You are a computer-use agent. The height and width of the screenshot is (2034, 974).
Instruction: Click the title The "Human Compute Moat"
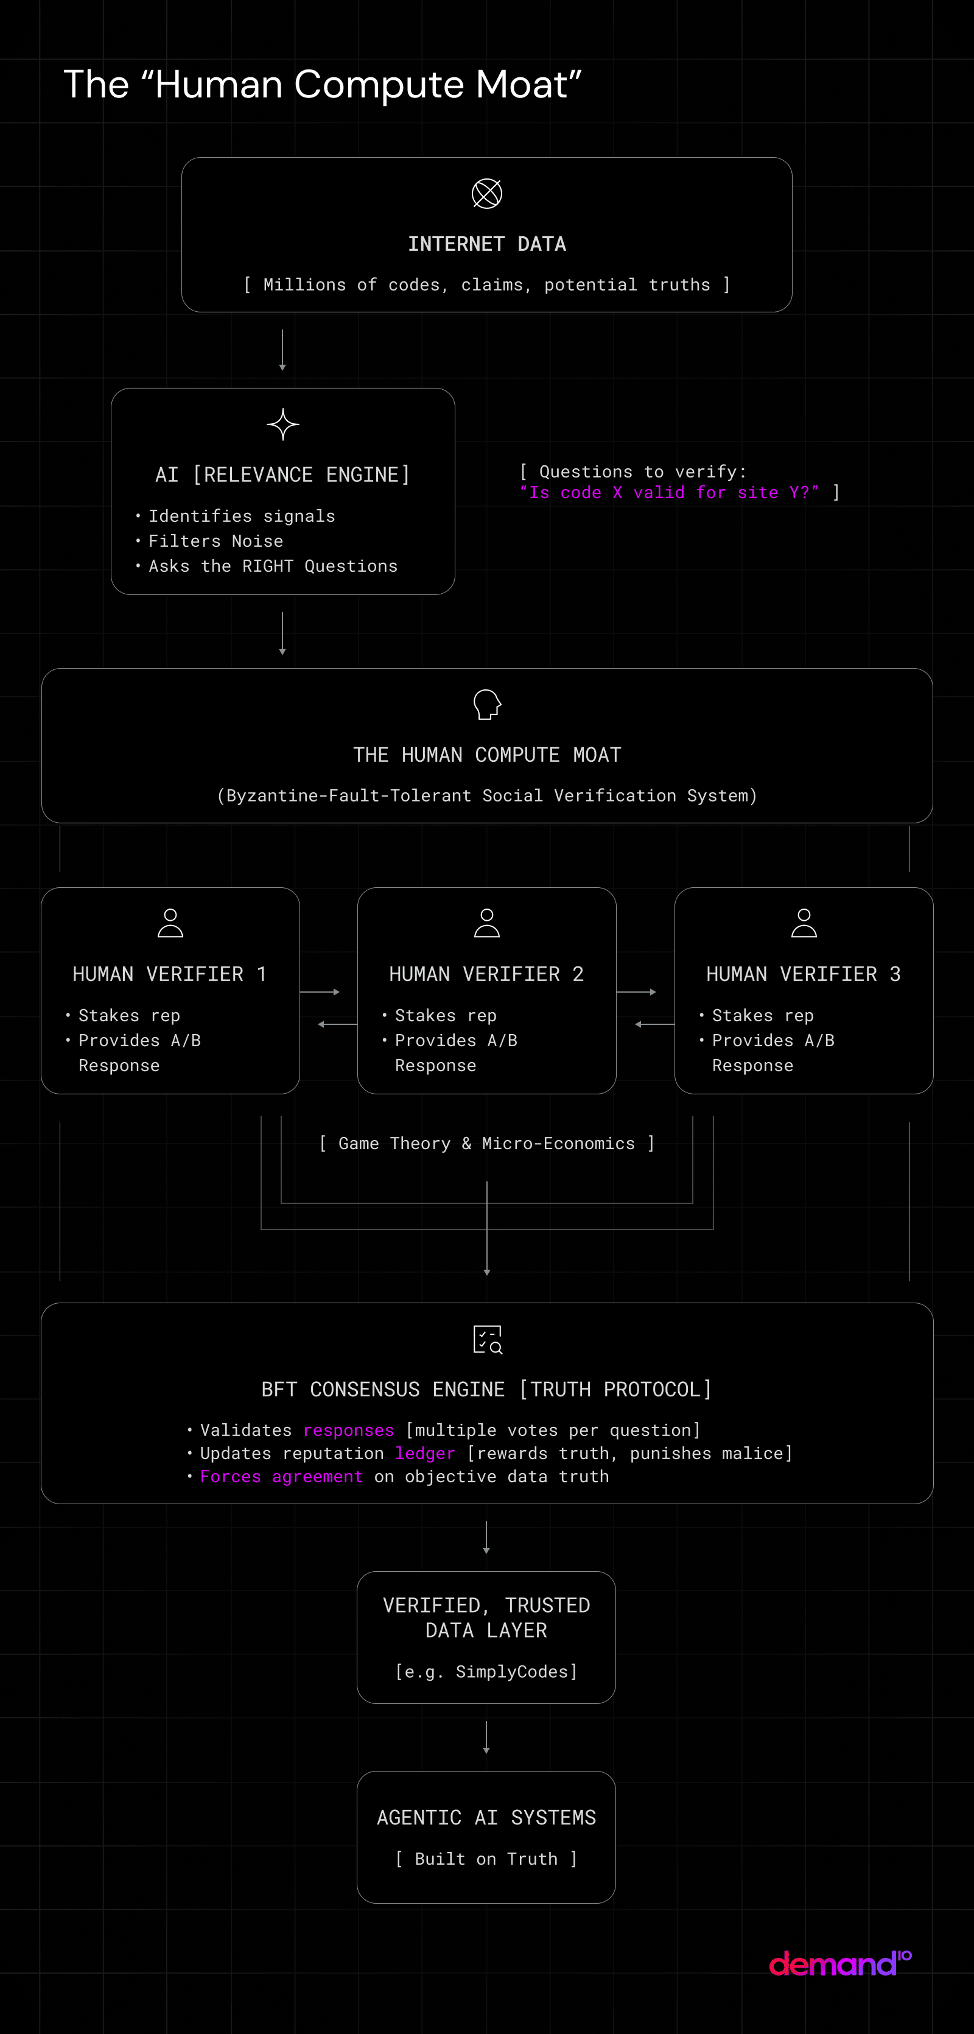[322, 85]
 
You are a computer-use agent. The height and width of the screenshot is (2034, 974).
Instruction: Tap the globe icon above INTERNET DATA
[487, 194]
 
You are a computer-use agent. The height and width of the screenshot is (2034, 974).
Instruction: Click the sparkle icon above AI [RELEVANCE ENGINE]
[282, 425]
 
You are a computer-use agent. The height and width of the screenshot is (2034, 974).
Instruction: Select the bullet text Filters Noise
[215, 541]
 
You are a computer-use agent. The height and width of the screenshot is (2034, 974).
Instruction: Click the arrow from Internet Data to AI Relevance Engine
[282, 350]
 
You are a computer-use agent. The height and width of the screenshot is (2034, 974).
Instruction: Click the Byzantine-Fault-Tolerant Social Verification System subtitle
[487, 795]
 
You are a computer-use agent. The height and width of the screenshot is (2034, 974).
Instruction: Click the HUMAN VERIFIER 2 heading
[486, 974]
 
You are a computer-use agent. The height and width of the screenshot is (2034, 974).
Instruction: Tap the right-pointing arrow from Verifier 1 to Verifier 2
[320, 992]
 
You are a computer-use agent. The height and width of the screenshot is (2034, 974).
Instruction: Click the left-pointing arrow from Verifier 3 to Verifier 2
[654, 1024]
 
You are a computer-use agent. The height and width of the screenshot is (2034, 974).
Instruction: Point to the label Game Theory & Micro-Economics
[487, 1143]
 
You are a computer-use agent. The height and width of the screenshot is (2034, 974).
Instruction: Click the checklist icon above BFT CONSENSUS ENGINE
[487, 1339]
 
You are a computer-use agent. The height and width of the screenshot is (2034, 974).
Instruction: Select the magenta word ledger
[425, 1454]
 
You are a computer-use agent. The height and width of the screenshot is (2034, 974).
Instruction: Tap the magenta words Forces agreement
[282, 1477]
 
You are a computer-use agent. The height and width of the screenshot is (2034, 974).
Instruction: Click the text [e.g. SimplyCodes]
[486, 1672]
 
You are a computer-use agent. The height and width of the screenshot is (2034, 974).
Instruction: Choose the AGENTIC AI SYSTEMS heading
[486, 1818]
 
